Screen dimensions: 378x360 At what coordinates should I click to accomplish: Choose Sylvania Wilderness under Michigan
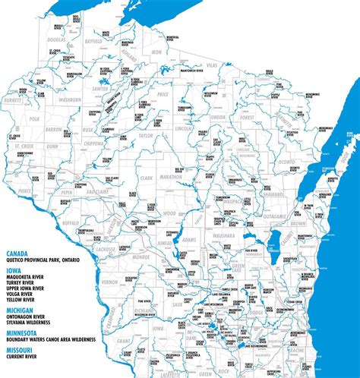click(33, 323)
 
